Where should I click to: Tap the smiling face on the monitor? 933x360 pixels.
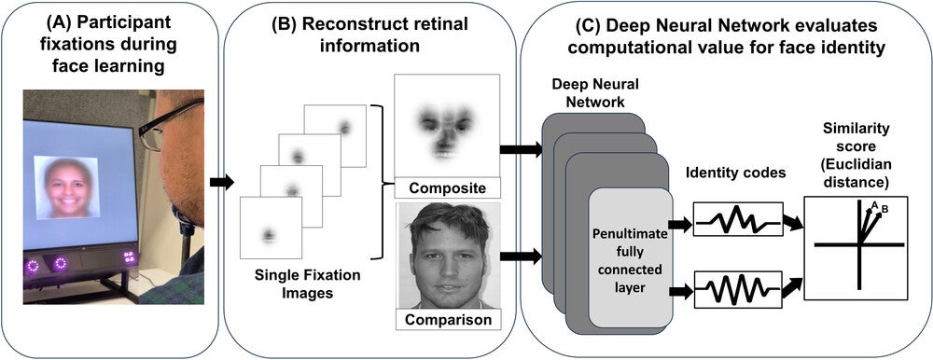click(66, 187)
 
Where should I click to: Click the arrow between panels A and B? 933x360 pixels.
click(220, 181)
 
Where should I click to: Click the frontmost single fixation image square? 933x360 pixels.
click(271, 228)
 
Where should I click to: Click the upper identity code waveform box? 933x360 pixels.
click(737, 220)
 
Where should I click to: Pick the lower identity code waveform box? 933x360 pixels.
click(737, 289)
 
